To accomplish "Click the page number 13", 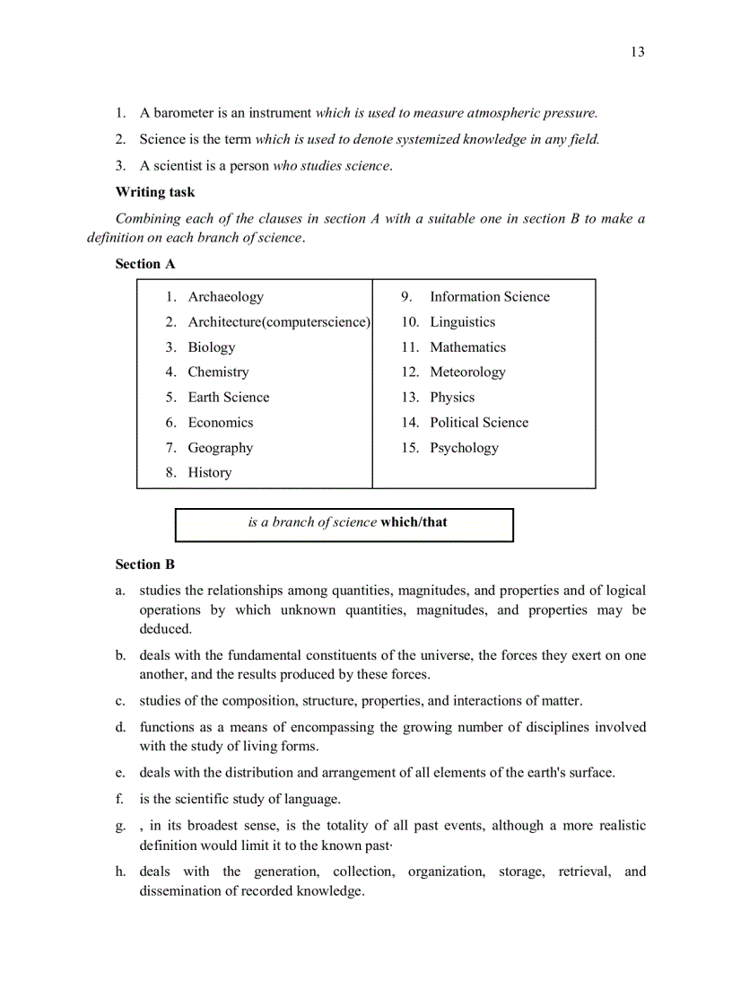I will tap(637, 52).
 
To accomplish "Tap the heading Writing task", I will tap(155, 192).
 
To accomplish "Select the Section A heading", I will tap(145, 264).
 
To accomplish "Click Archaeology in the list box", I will tap(225, 297).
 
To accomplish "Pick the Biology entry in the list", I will tap(212, 347).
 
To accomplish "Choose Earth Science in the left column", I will tap(228, 398).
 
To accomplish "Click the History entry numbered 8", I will tap(209, 473).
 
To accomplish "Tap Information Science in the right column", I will tap(489, 297).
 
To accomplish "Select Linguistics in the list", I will tap(462, 322).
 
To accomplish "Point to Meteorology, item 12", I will tap(467, 373).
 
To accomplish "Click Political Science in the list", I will tap(479, 423).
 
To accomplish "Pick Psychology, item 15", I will tap(464, 448).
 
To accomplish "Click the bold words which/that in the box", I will tap(414, 522).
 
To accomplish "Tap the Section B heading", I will tap(145, 565).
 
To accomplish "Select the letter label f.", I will tap(119, 799).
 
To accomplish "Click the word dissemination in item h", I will tap(181, 891).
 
